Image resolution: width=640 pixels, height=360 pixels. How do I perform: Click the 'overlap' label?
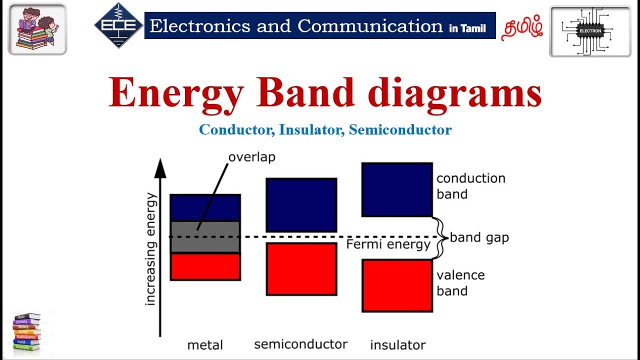(x=251, y=157)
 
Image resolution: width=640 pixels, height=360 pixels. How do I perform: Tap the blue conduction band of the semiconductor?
(x=301, y=204)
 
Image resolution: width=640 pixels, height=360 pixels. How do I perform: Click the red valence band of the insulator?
(x=396, y=285)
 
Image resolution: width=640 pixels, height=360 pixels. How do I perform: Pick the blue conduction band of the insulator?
(x=396, y=189)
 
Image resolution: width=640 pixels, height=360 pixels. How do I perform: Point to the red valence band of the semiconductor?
(x=301, y=269)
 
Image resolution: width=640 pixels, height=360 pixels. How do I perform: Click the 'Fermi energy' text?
(x=388, y=244)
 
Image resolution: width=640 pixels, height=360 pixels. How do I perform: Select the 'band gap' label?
(x=479, y=237)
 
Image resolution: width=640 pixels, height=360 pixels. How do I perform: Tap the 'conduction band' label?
(x=470, y=186)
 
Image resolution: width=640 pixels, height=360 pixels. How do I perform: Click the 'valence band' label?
(x=460, y=283)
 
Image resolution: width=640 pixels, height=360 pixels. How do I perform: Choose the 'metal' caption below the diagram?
(x=205, y=345)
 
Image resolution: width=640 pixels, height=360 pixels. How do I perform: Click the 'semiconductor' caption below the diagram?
(x=300, y=344)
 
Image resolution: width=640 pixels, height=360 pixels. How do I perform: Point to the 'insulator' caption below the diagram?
(x=397, y=345)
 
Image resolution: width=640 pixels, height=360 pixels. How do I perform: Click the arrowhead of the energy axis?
(x=160, y=167)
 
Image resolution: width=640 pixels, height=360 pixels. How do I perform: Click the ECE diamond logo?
(x=118, y=25)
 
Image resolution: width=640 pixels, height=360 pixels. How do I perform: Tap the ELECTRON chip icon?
(x=590, y=30)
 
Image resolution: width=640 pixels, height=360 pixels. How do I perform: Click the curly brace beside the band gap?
(x=440, y=237)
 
